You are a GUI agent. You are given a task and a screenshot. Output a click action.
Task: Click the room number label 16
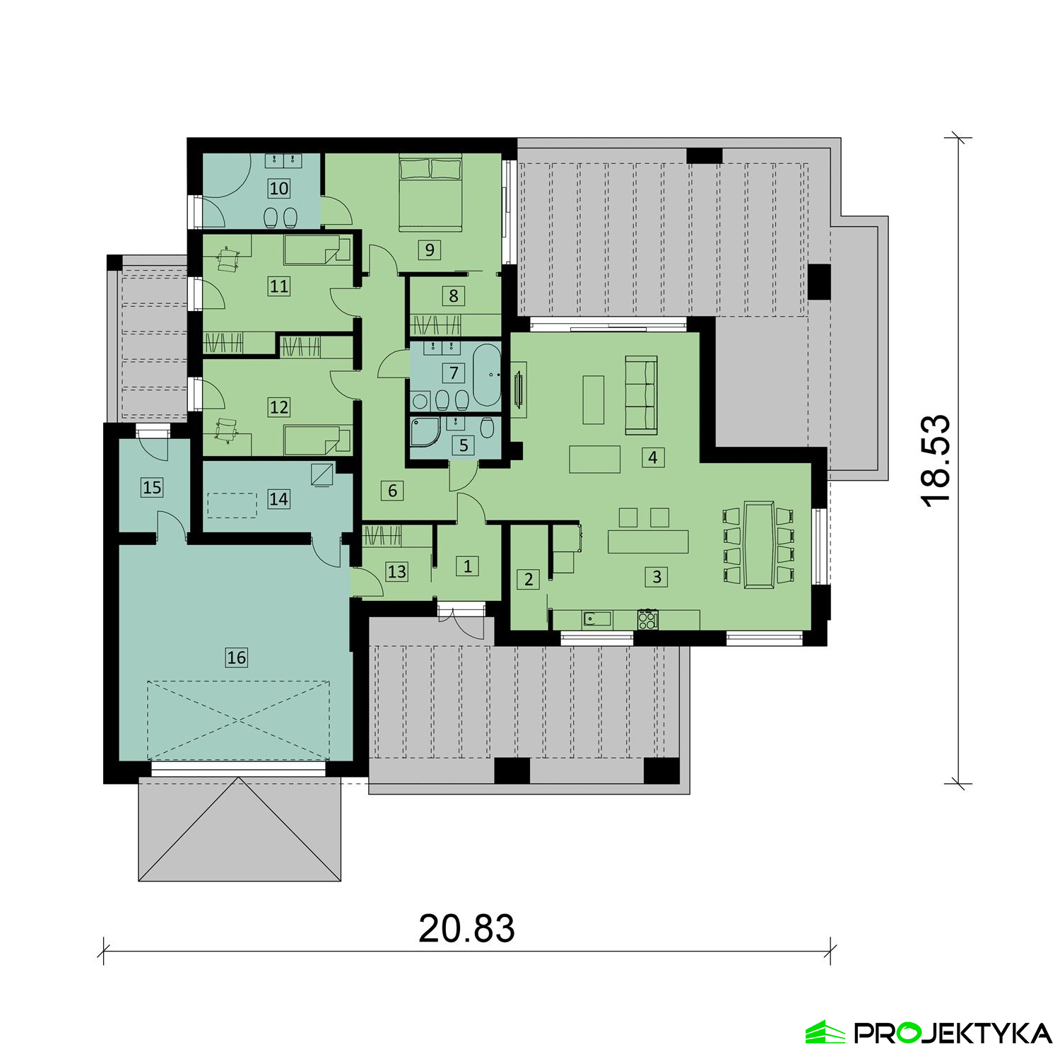(236, 657)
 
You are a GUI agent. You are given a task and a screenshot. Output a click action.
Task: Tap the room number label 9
(430, 250)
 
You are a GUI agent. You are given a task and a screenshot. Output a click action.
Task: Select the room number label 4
(653, 457)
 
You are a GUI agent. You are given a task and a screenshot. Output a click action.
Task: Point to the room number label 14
(278, 499)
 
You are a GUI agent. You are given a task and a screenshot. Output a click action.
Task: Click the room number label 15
(152, 487)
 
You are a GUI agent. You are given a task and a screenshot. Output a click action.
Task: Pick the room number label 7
(454, 373)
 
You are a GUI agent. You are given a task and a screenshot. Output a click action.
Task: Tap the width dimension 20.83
(466, 928)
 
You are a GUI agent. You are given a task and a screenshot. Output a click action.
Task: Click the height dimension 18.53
(936, 460)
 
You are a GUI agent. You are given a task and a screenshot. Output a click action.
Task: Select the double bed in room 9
(430, 192)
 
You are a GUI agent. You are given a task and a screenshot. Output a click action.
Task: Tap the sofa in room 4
(641, 394)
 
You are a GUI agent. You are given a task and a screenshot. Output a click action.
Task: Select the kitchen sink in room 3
(596, 619)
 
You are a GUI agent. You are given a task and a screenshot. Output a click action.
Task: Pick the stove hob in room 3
(648, 619)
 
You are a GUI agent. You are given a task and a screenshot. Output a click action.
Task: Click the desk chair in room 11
(228, 258)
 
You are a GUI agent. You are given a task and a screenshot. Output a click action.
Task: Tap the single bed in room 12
(317, 440)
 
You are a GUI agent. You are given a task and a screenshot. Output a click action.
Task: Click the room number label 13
(397, 571)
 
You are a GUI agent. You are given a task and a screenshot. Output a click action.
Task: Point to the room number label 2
(529, 580)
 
